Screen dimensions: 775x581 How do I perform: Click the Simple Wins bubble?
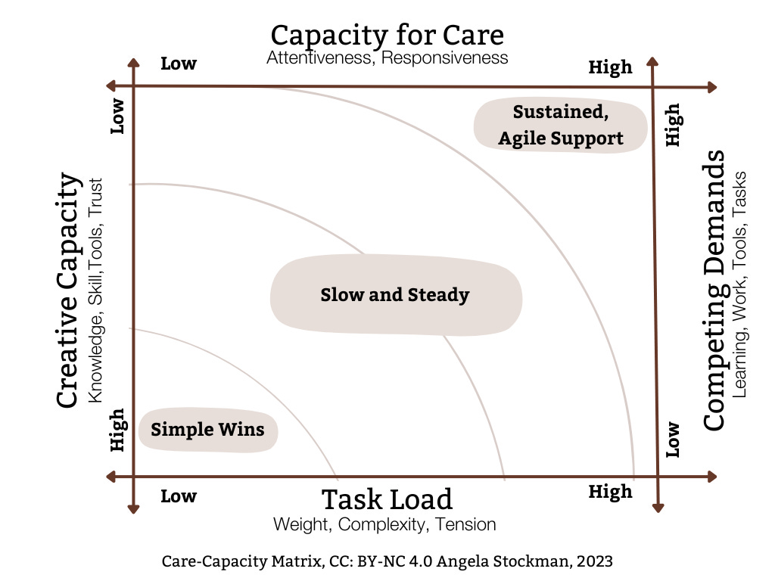(208, 430)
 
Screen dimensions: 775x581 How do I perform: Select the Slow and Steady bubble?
(396, 295)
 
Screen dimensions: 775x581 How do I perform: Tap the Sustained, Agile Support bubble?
(561, 125)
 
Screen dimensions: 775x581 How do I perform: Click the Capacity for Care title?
(387, 36)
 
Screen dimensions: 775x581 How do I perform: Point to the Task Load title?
(387, 499)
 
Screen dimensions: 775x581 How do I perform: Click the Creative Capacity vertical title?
(67, 290)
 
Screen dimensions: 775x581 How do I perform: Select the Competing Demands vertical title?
(714, 290)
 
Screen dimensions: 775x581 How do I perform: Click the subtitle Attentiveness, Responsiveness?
(387, 57)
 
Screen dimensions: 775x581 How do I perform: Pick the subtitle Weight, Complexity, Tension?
(384, 524)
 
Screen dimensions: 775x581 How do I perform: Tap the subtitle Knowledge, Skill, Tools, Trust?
(95, 290)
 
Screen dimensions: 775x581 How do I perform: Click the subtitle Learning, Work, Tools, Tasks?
(739, 284)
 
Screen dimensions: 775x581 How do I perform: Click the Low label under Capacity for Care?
(179, 64)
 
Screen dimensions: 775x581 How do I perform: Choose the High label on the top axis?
(611, 67)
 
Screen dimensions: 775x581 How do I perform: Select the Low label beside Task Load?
(179, 496)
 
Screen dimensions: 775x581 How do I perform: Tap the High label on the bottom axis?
(611, 492)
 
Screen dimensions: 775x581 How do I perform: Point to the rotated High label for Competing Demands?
(673, 125)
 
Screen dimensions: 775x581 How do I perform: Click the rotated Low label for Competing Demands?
(673, 440)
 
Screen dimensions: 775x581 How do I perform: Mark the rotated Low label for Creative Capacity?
(117, 116)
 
